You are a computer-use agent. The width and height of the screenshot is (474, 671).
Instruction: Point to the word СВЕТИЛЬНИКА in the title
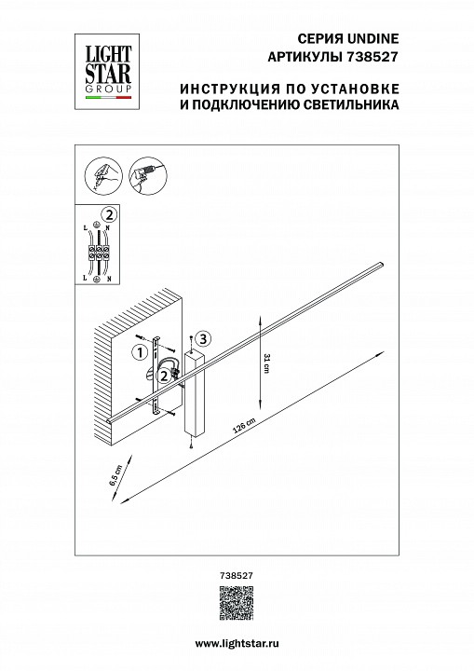pyautogui.click(x=356, y=106)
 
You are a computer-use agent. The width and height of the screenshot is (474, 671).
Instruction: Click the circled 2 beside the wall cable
pyautogui.click(x=163, y=376)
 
